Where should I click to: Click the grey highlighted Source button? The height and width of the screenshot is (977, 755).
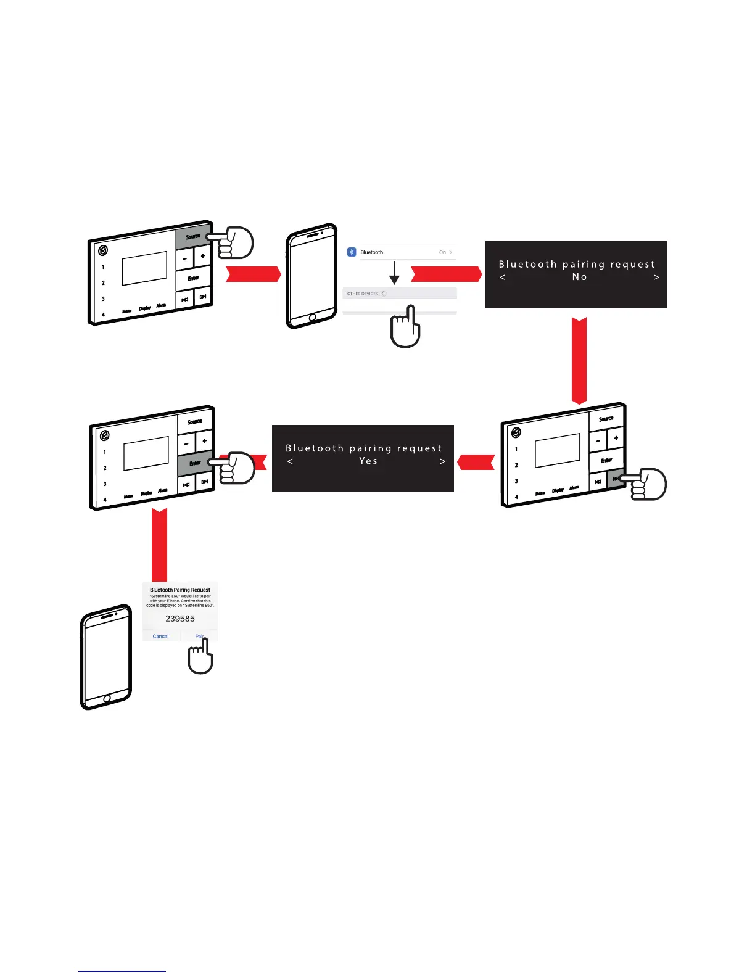pos(192,236)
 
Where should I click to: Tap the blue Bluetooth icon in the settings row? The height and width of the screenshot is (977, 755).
pos(352,252)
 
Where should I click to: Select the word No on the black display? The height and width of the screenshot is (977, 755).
pos(579,277)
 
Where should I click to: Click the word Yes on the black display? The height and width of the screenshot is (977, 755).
pos(368,461)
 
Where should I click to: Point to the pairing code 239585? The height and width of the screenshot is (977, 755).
pos(180,619)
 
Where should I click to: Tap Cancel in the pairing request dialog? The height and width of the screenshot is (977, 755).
pos(160,636)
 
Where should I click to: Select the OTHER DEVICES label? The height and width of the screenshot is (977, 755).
pos(363,294)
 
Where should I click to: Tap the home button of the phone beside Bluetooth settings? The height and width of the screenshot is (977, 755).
pos(312,317)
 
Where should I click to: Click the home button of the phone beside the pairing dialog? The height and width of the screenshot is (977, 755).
pos(107,698)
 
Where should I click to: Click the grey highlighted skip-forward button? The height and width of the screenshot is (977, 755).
pos(615,479)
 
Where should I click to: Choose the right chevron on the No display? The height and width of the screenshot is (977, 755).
pos(656,278)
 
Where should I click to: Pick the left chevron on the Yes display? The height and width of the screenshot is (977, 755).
pos(291,461)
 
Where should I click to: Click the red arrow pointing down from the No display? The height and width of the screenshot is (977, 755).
pos(579,361)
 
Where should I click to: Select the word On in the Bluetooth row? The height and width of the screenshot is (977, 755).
pos(442,252)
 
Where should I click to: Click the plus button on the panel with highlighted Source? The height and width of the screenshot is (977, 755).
pos(202,256)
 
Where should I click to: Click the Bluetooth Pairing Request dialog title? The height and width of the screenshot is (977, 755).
pos(180,590)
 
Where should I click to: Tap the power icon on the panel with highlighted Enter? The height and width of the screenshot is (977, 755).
pos(105,435)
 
